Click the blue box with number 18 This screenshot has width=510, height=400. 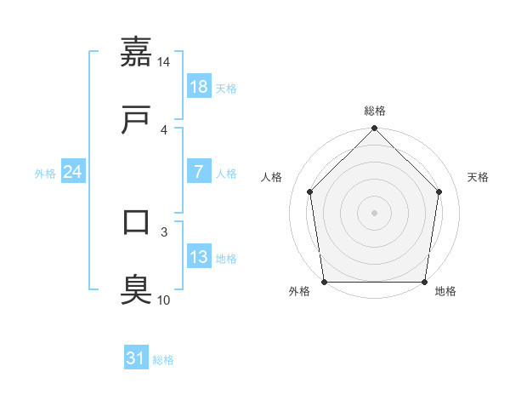pyautogui.click(x=198, y=86)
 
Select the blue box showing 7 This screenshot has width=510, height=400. pyautogui.click(x=198, y=171)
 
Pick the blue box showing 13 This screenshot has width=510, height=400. pyautogui.click(x=198, y=256)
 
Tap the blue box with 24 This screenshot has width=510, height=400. pyautogui.click(x=73, y=172)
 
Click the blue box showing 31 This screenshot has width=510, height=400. pyautogui.click(x=136, y=358)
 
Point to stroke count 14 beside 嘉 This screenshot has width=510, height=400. pyautogui.click(x=164, y=62)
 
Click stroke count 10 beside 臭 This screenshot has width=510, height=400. pyautogui.click(x=164, y=300)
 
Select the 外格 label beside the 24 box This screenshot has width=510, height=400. pyautogui.click(x=45, y=173)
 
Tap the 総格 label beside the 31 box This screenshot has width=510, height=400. pyautogui.click(x=163, y=360)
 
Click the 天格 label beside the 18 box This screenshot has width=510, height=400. pyautogui.click(x=226, y=88)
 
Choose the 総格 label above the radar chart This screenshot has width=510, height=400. pyautogui.click(x=375, y=111)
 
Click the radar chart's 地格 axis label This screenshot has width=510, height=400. pyautogui.click(x=445, y=291)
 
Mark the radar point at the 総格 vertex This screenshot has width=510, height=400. pyautogui.click(x=375, y=129)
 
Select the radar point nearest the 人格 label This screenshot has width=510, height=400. pyautogui.click(x=310, y=191)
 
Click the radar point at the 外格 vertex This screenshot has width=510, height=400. pyautogui.click(x=325, y=282)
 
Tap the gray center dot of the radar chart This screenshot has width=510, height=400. pyautogui.click(x=375, y=212)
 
